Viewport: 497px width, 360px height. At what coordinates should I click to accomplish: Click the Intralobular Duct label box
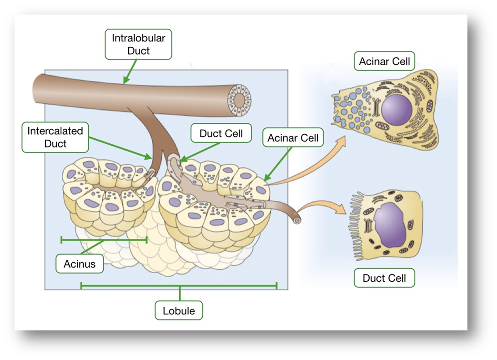pyautogui.click(x=138, y=44)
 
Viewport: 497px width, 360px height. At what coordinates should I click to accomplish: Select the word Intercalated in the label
pyautogui.click(x=55, y=131)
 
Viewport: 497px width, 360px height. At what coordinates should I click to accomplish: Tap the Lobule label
pyautogui.click(x=179, y=311)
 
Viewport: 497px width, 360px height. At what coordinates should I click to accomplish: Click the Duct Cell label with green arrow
pyautogui.click(x=221, y=134)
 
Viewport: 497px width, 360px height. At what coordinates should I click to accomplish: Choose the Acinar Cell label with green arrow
pyautogui.click(x=293, y=138)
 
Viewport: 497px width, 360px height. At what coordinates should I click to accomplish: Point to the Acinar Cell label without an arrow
pyautogui.click(x=384, y=61)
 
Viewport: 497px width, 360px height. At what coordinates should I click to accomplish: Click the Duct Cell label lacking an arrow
pyautogui.click(x=384, y=278)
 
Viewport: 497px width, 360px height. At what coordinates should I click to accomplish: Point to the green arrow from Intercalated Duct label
pyautogui.click(x=120, y=147)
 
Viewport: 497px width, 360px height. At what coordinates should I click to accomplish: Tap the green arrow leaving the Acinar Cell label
pyautogui.click(x=277, y=166)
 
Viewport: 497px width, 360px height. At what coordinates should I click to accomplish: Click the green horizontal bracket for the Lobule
pyautogui.click(x=179, y=286)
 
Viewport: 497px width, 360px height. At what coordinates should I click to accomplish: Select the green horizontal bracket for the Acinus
pyautogui.click(x=104, y=239)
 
